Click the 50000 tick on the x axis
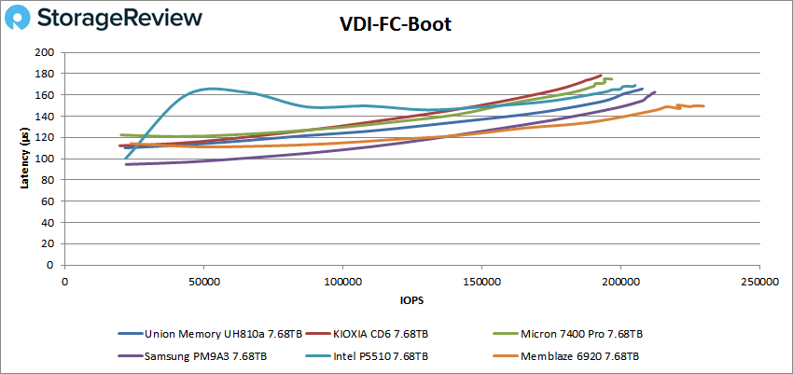[203, 280]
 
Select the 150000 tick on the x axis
[480, 280]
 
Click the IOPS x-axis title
[410, 300]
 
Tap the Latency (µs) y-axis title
[25, 158]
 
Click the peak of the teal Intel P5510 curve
[212, 89]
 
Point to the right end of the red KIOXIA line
[601, 76]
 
